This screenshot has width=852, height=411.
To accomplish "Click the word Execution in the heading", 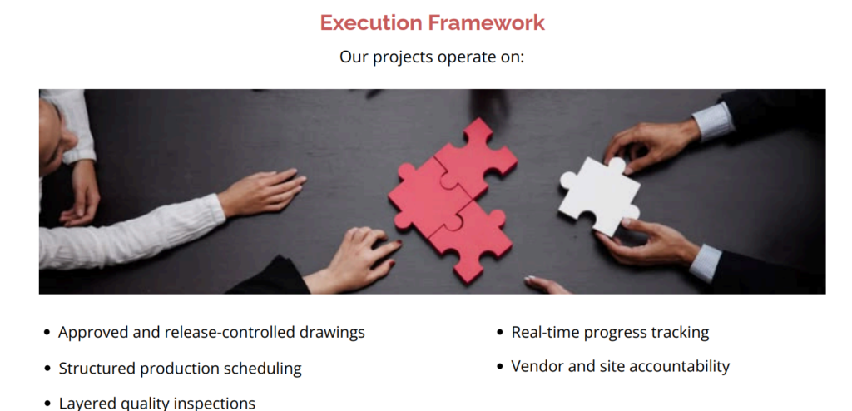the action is [371, 22].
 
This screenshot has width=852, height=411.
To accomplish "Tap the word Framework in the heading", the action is [486, 22].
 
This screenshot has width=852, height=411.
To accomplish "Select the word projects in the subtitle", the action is [404, 57].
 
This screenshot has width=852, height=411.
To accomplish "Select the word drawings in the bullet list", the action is [332, 333].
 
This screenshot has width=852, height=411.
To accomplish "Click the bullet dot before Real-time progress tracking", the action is [500, 333].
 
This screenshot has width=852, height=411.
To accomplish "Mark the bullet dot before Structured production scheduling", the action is [47, 369].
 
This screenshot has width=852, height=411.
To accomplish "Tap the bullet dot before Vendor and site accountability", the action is [500, 366].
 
